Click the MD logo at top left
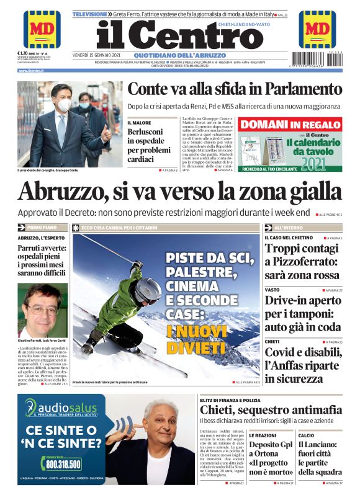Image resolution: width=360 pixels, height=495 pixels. click(x=42, y=29)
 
